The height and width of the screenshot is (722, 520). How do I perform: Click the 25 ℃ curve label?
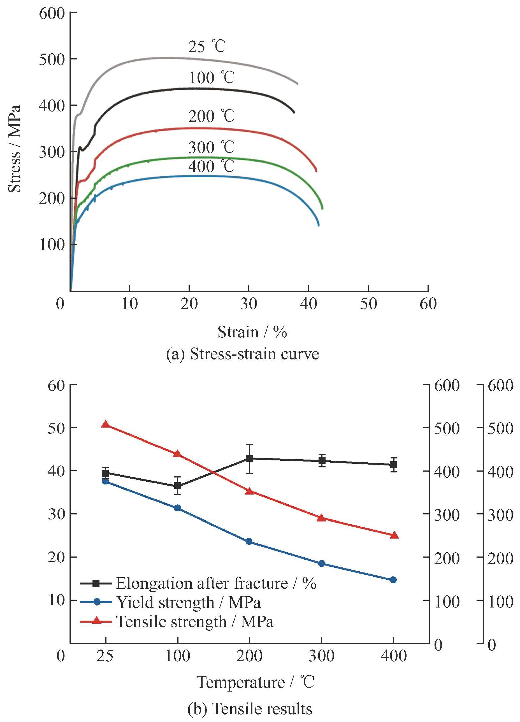[x=207, y=47]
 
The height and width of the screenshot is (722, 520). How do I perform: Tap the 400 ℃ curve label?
[x=211, y=166]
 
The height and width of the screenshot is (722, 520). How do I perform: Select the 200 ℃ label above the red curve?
[x=211, y=116]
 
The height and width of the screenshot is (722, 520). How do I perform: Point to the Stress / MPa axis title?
[x=14, y=149]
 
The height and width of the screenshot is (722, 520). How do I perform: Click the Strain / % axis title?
[x=252, y=332]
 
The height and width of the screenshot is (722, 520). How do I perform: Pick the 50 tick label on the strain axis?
[x=368, y=304]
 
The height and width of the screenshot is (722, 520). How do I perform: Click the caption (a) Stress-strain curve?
[x=242, y=354]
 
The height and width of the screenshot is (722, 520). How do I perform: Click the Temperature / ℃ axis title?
[x=255, y=682]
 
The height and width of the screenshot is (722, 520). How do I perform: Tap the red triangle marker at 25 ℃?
[x=106, y=424]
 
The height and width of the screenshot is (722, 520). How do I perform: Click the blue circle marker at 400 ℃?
[x=393, y=580]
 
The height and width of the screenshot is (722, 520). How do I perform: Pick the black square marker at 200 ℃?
[x=249, y=459]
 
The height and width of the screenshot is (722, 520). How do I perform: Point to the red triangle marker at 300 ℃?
[x=321, y=518]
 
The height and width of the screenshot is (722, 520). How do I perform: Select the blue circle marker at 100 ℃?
[x=178, y=508]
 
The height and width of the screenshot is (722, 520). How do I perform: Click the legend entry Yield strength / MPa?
[x=188, y=602]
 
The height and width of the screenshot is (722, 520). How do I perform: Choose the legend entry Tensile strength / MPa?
[x=195, y=621]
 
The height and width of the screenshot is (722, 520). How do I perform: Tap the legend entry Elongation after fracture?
[x=216, y=583]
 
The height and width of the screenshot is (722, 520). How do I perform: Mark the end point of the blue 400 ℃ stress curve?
[x=318, y=225]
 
